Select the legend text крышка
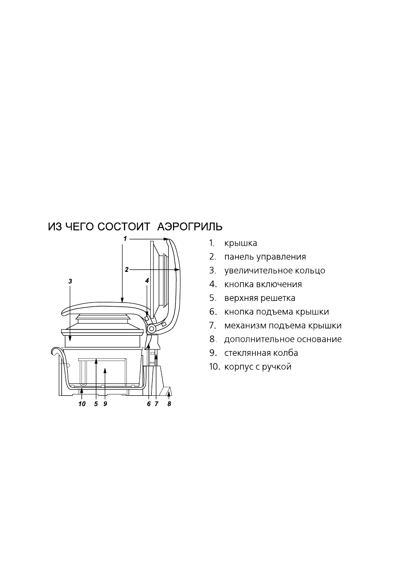pos(241,243)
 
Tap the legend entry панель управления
pos(265,257)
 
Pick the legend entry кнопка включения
pos(263,285)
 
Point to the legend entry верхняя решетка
pos(260,299)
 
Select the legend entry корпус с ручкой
pos(257,367)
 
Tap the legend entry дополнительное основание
pos(283,340)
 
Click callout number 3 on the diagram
pos(70,281)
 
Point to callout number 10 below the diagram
pos(82,404)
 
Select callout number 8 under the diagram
pos(169,404)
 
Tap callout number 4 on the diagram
pos(147,281)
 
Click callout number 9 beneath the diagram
pos(104,404)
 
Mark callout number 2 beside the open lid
pos(126,269)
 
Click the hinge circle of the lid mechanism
pos(152,329)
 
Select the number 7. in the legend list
pos(213,326)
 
